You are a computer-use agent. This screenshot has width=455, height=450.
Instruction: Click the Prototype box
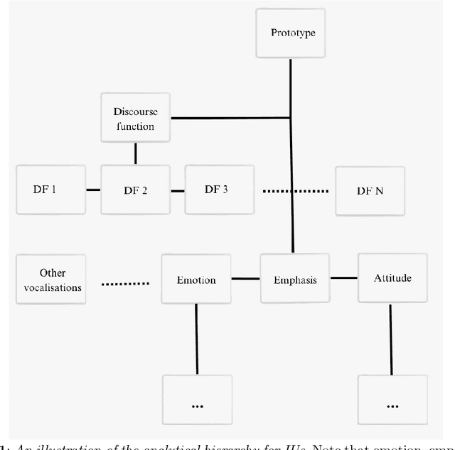click(291, 33)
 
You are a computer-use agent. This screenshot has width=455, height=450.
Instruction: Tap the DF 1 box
click(50, 190)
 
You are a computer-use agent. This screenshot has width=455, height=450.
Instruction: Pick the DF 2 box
click(134, 190)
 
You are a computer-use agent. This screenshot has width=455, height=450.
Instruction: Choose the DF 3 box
click(218, 190)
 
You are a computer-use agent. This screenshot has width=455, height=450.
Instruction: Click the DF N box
click(370, 190)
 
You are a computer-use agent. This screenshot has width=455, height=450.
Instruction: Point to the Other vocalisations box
click(50, 279)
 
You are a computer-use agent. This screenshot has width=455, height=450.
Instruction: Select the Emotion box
click(196, 280)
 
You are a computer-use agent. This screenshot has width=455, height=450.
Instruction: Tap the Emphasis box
click(294, 279)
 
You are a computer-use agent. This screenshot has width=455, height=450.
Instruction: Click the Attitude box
click(392, 278)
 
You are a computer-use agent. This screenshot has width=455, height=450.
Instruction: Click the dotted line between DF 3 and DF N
click(296, 190)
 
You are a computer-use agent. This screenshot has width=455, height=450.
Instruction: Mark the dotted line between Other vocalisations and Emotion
click(125, 284)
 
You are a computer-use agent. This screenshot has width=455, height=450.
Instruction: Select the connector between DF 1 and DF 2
click(93, 190)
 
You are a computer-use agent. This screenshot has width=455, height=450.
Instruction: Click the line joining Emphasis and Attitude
click(343, 278)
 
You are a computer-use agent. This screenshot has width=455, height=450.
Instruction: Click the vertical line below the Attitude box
click(392, 341)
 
